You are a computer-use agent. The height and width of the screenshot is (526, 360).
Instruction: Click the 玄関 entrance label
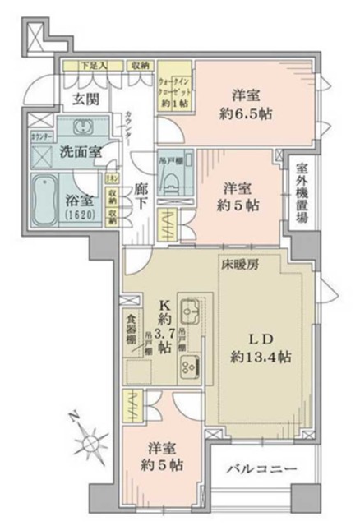tap(81, 100)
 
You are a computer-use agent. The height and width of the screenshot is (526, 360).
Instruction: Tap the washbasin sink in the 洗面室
tap(81, 130)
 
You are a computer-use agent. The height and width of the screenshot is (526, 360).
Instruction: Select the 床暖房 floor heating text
tap(237, 265)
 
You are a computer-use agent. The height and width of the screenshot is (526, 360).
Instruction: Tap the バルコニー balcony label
tap(261, 468)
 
